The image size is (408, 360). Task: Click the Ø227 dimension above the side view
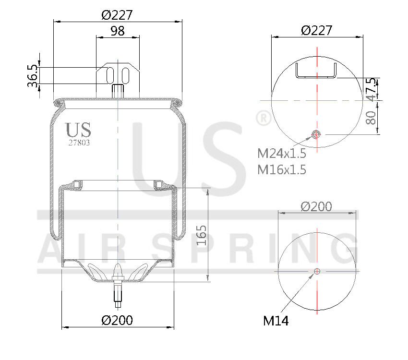(117, 14)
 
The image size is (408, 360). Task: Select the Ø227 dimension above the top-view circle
(316, 30)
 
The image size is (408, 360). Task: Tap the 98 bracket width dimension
(118, 31)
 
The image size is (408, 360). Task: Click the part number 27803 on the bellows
(79, 143)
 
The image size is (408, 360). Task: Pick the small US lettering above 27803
(78, 130)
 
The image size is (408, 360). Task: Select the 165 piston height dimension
(202, 235)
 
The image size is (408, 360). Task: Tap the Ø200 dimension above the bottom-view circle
(316, 206)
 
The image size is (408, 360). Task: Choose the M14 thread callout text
(276, 321)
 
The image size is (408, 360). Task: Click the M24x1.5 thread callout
(282, 154)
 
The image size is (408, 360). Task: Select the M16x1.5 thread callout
(282, 169)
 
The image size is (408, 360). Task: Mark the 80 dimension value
(371, 118)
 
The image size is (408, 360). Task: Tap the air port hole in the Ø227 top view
(316, 134)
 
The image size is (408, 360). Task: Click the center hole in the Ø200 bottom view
(316, 272)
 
